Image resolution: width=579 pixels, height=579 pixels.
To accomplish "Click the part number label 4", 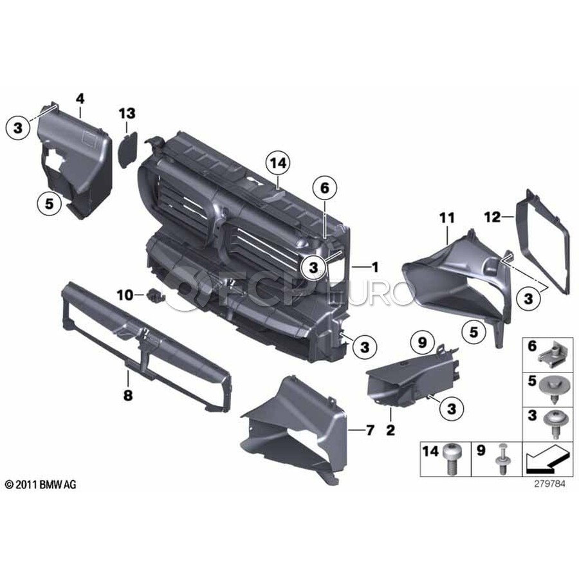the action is pyautogui.click(x=80, y=98).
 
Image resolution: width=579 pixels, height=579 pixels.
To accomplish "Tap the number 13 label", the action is pyautogui.click(x=127, y=113).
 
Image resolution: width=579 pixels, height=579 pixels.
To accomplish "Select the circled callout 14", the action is pyautogui.click(x=278, y=163).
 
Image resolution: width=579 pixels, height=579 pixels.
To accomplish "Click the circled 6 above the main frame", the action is pyautogui.click(x=324, y=188).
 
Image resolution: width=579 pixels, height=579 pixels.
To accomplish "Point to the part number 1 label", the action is pyautogui.click(x=375, y=266).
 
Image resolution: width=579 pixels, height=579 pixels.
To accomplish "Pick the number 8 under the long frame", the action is pyautogui.click(x=128, y=396).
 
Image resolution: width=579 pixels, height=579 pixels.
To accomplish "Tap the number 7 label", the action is pyautogui.click(x=370, y=430).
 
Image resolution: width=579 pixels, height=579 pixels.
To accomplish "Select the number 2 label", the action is pyautogui.click(x=391, y=430).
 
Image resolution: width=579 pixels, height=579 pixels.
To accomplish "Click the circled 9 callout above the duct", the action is pyautogui.click(x=421, y=343).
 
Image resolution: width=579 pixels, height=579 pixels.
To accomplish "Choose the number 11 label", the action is pyautogui.click(x=447, y=218).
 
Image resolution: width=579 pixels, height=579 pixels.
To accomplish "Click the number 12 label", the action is pyautogui.click(x=492, y=217).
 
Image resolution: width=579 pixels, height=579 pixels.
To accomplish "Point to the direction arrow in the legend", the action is pyautogui.click(x=546, y=459).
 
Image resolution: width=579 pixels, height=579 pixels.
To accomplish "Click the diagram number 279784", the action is pyautogui.click(x=549, y=484).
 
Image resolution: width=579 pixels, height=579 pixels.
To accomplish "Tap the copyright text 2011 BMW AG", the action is pyautogui.click(x=41, y=484).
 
